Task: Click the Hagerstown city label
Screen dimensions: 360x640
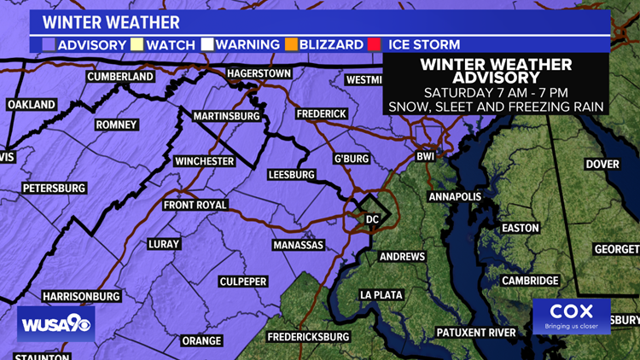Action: [259, 73]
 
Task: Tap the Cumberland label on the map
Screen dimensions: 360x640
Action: [120, 77]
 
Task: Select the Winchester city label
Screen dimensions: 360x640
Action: [204, 161]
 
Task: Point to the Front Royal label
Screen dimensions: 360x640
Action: [195, 205]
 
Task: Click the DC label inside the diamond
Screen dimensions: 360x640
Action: [372, 219]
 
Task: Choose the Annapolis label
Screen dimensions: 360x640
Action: [455, 197]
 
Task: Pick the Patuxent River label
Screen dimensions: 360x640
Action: [475, 332]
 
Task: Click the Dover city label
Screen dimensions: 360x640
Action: [602, 164]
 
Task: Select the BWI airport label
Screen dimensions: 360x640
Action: [425, 157]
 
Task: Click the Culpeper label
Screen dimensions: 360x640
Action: [243, 282]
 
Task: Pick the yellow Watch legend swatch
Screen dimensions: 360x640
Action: [137, 44]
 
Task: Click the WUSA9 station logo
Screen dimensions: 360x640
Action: [56, 323]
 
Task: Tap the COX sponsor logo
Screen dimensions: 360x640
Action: [571, 316]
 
